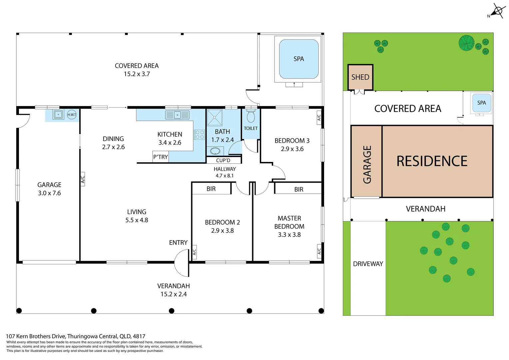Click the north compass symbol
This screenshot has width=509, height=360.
(497, 11)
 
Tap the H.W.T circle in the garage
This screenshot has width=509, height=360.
(72, 115)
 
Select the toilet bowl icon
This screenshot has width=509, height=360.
(251, 117)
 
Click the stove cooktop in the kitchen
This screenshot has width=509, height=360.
(200, 135)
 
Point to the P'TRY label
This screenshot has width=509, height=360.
(161, 157)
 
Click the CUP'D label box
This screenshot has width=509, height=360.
(223, 160)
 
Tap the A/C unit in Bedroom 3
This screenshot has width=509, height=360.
(319, 117)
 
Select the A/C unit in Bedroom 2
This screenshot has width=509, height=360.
(194, 252)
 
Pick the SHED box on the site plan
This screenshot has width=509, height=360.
(360, 77)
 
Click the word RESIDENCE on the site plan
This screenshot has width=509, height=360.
(432, 161)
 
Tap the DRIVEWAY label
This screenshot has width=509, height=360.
(368, 264)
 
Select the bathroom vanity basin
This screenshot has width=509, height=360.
(215, 151)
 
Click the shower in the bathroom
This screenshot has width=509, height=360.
(215, 117)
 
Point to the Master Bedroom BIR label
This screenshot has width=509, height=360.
(299, 189)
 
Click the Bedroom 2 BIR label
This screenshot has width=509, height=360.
(211, 189)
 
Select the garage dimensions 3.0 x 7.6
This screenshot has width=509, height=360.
(49, 193)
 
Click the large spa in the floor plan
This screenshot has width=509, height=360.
(298, 59)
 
